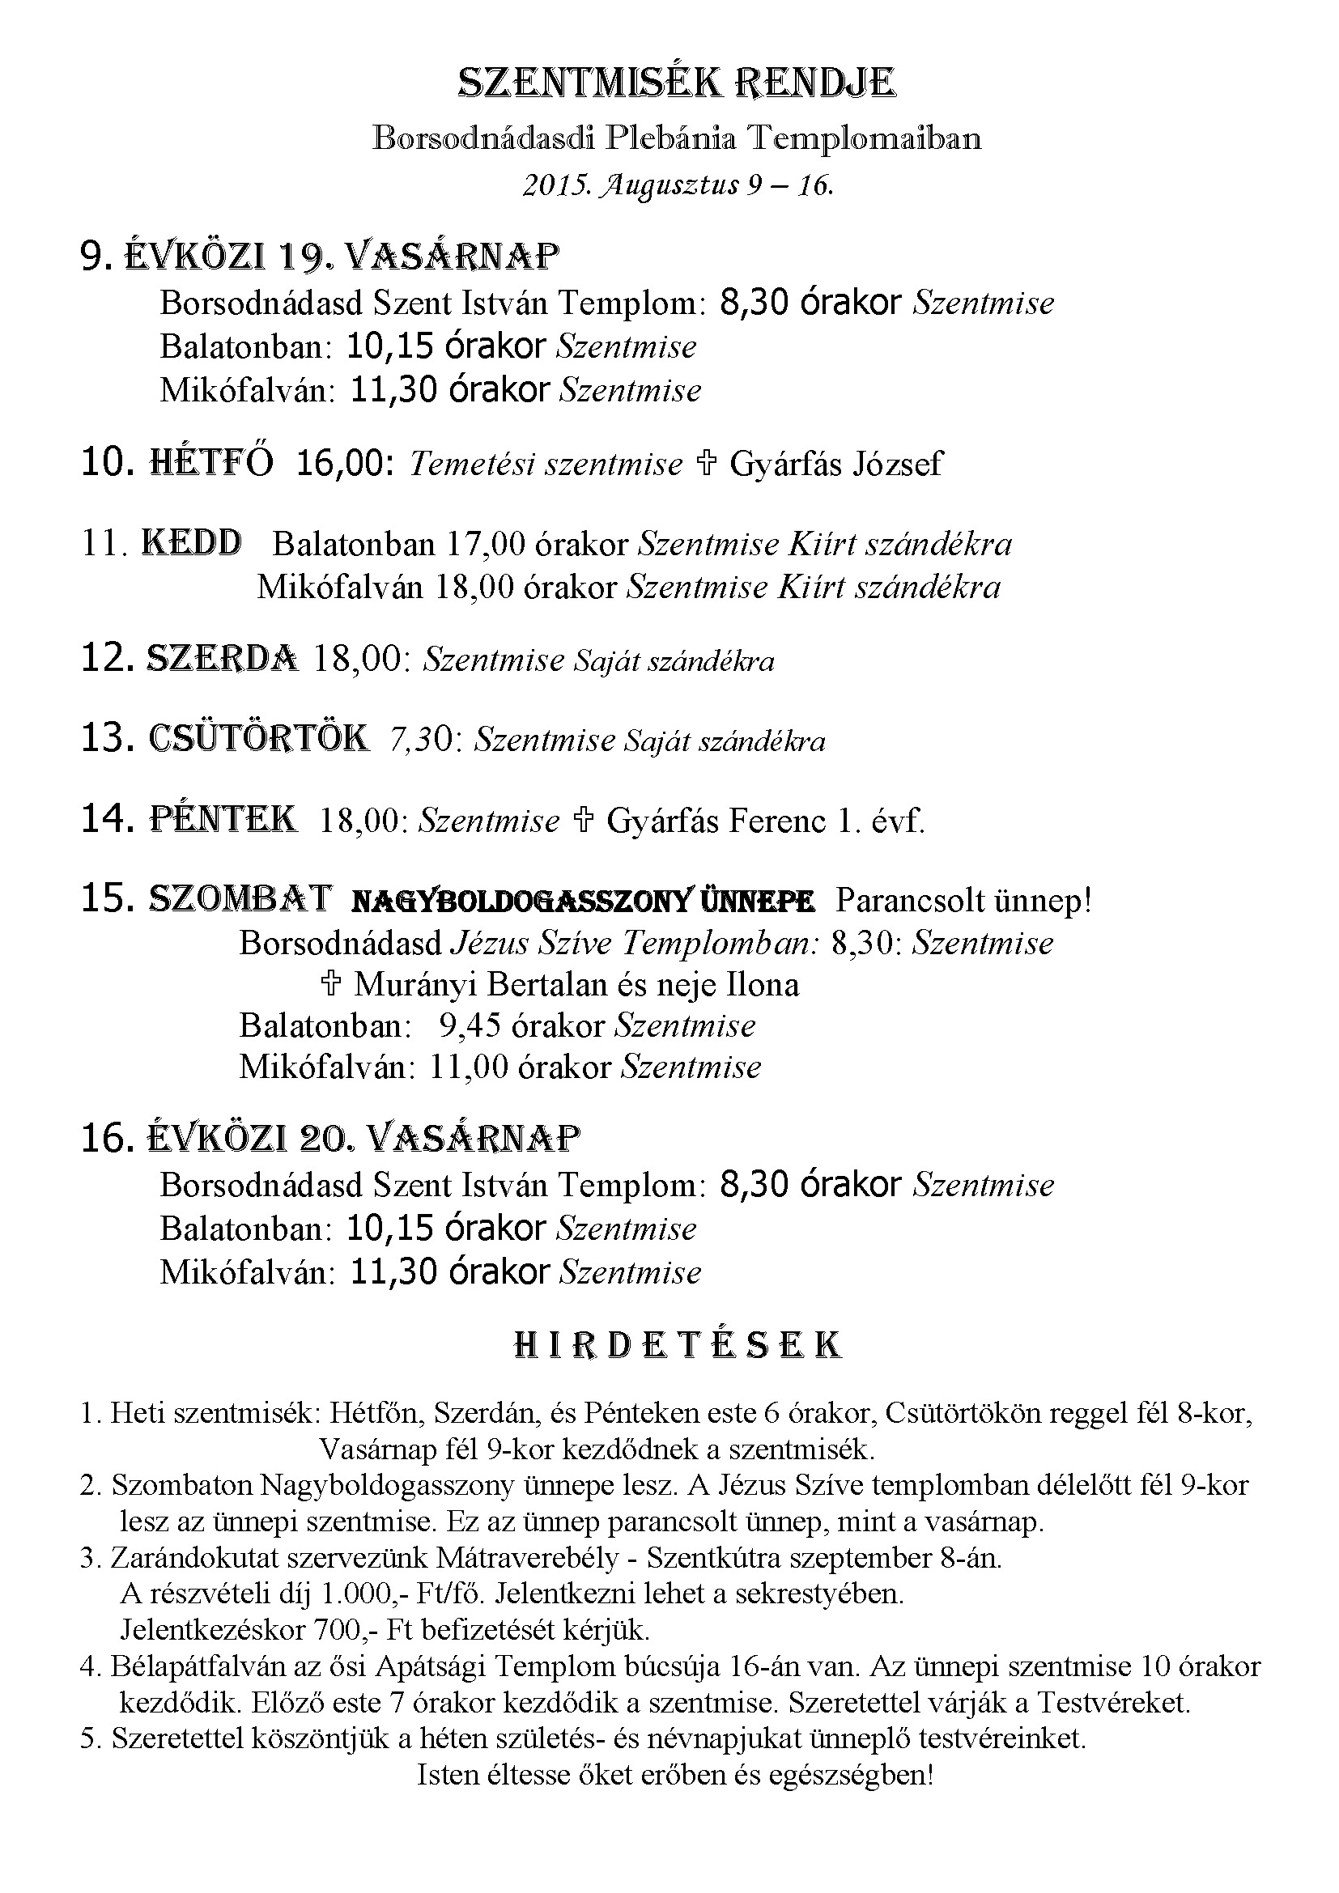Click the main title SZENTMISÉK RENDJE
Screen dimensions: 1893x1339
(x=676, y=83)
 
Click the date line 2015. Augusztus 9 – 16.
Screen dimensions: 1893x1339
(x=678, y=185)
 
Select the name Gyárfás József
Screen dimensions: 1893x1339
(x=836, y=465)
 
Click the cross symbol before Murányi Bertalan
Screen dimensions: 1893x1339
(x=330, y=984)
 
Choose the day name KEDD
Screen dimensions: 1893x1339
(x=192, y=543)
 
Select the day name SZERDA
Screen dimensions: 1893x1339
(x=222, y=659)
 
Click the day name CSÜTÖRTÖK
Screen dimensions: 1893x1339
(x=259, y=738)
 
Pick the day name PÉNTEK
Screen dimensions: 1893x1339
(x=223, y=819)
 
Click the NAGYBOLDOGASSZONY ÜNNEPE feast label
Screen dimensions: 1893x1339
(x=583, y=902)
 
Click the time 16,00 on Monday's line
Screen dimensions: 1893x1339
(x=343, y=465)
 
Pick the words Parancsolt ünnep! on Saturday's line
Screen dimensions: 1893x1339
(x=963, y=901)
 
